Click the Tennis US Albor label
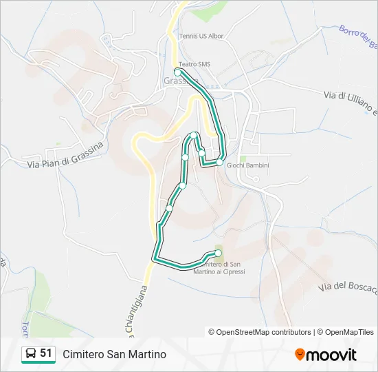click(201, 36)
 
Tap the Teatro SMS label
click(194, 64)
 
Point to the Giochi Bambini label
click(247, 165)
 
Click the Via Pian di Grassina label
click(65, 155)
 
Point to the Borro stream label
click(358, 39)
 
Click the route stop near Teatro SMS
click(177, 72)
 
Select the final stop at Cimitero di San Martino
click(219, 253)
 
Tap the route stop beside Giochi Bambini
click(220, 162)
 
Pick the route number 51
click(46, 353)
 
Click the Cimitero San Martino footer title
click(115, 354)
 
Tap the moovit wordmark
click(332, 355)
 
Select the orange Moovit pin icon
click(300, 355)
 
